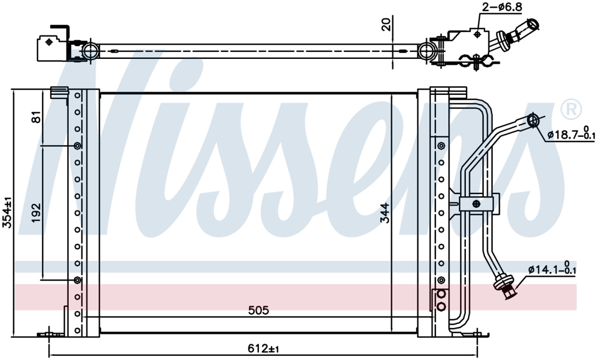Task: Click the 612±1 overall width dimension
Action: click(x=263, y=348)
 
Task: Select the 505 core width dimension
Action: click(x=258, y=310)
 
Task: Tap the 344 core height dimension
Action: click(x=385, y=213)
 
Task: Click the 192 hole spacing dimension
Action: click(x=36, y=213)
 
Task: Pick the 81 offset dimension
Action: click(x=36, y=117)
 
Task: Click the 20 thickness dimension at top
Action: click(x=386, y=25)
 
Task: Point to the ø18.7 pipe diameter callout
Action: click(x=571, y=133)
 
